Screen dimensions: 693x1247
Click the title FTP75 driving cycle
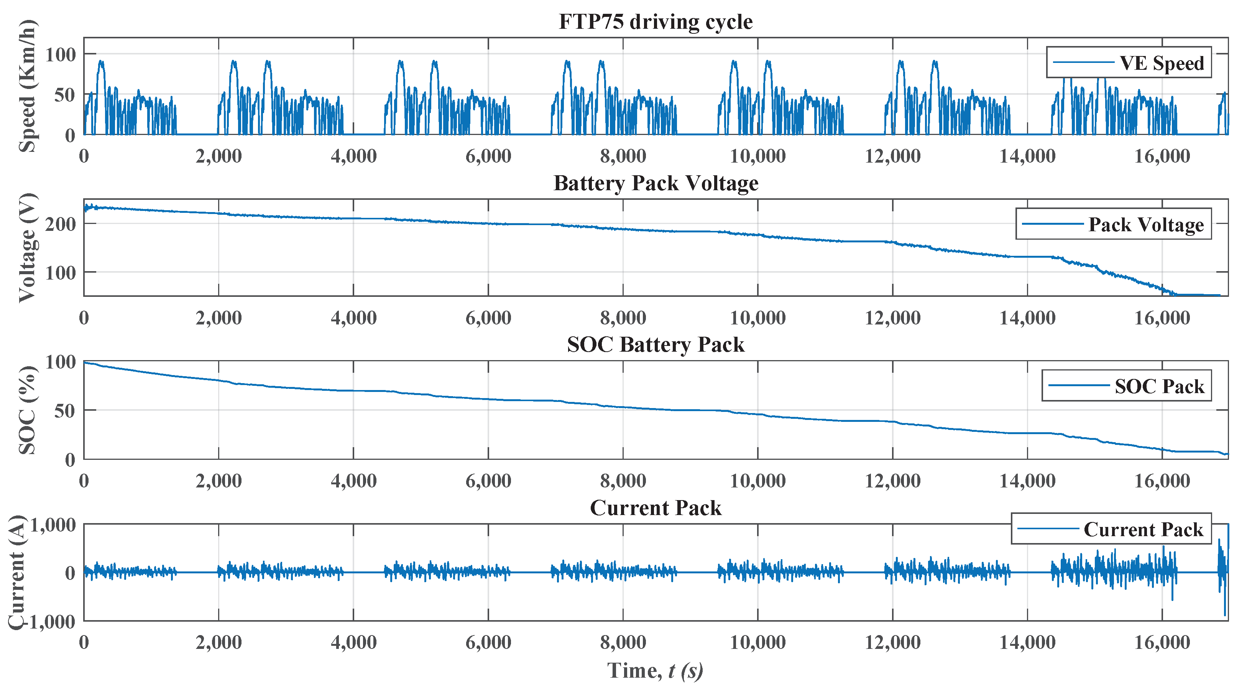coord(656,22)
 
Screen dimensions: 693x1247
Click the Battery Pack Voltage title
coord(656,184)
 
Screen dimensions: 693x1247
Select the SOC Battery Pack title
coord(656,345)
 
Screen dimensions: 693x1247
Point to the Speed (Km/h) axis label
coord(28,86)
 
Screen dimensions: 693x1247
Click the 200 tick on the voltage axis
coord(61,224)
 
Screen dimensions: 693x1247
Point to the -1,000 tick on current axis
coord(51,622)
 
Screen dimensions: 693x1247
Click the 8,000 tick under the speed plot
coord(623,156)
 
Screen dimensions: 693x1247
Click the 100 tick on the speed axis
coord(61,54)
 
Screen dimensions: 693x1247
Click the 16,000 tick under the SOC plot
coord(1162,481)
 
